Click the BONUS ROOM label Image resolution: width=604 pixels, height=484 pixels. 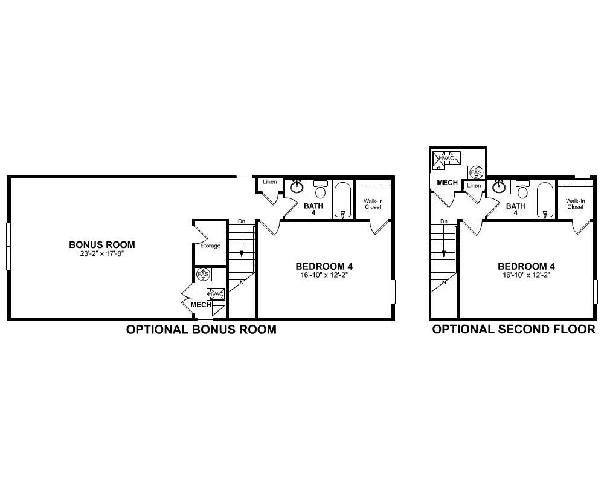pos(101,245)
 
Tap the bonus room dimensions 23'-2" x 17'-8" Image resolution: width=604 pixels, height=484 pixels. pos(101,253)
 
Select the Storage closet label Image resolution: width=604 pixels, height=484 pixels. pos(210,246)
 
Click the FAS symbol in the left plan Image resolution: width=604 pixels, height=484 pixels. pos(203,275)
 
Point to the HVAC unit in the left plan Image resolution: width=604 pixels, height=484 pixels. pos(216,295)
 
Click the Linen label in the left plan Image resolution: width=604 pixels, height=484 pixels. pos(269,182)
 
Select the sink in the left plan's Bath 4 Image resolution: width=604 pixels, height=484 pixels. pos(297,187)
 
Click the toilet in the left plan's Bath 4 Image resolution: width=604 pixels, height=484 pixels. pos(321,190)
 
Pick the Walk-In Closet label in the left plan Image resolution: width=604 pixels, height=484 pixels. pos(373,204)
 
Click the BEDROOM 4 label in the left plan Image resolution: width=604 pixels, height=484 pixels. pos(324,266)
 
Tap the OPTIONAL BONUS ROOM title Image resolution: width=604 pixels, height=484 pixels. pos(201,330)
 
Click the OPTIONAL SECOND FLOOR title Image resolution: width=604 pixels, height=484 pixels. pos(513,330)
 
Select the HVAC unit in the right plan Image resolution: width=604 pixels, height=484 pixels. pos(447,158)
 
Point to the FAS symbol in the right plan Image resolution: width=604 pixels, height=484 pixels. pos(476,172)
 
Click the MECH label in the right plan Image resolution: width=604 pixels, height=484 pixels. pos(447,183)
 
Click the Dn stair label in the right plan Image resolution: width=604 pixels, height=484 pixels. pos(444,221)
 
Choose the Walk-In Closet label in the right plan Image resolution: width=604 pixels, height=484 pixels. pos(575,204)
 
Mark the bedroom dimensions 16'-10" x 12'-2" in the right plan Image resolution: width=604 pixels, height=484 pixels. pos(526,275)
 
